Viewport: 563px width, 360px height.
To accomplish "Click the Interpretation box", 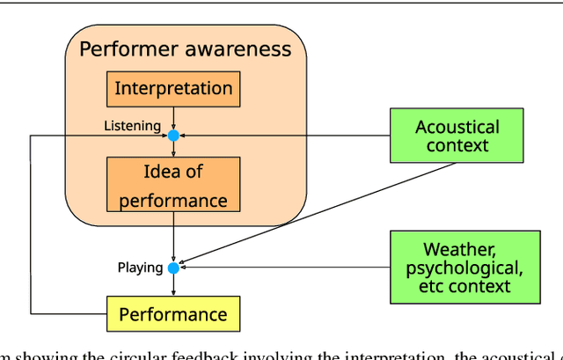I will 173,89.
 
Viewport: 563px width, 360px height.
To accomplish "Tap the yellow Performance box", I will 172,314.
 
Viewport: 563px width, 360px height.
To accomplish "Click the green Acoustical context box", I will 457,136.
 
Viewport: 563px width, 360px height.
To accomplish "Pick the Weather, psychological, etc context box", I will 465,267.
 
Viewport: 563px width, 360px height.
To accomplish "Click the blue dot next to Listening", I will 173,136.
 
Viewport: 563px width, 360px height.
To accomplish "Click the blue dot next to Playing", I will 173,267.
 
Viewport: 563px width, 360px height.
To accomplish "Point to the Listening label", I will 132,127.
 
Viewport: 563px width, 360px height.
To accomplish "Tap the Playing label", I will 140,267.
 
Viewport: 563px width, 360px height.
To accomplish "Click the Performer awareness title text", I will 185,48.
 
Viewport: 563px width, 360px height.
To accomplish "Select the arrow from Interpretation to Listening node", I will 173,117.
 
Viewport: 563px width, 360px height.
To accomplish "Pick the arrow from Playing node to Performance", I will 173,283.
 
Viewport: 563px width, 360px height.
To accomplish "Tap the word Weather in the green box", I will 459,249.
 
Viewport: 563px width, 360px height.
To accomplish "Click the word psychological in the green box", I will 465,268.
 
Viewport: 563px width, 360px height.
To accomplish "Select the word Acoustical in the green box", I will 457,127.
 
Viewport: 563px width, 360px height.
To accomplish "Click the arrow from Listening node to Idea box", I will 173,149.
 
